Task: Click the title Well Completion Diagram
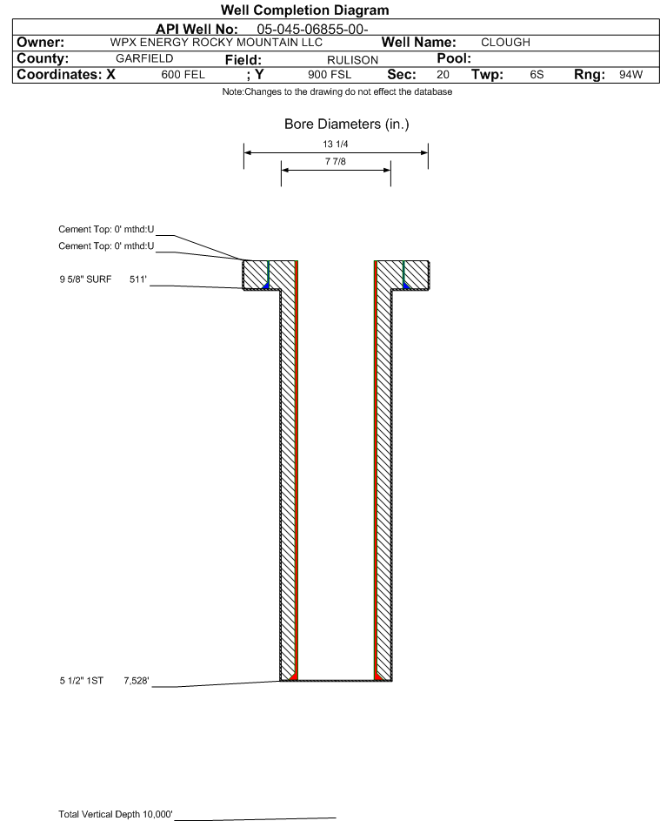click(305, 10)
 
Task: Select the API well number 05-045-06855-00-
click(312, 30)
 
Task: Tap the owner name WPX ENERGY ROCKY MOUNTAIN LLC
click(216, 43)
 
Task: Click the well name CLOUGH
click(505, 43)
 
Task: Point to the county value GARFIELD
click(144, 58)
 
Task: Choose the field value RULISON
click(352, 60)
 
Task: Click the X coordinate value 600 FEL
click(183, 75)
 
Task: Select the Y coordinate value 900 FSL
click(330, 75)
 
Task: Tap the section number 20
click(443, 75)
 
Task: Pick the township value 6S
click(537, 75)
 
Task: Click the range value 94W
click(630, 75)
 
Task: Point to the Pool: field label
click(454, 58)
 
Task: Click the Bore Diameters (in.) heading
click(347, 124)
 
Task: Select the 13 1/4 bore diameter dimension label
click(336, 144)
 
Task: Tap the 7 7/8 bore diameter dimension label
click(336, 161)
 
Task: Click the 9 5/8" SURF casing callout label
click(85, 279)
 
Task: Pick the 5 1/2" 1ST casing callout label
click(82, 681)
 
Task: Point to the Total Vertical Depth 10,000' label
click(116, 814)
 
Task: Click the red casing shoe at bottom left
click(293, 676)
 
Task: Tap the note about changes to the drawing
click(337, 91)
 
